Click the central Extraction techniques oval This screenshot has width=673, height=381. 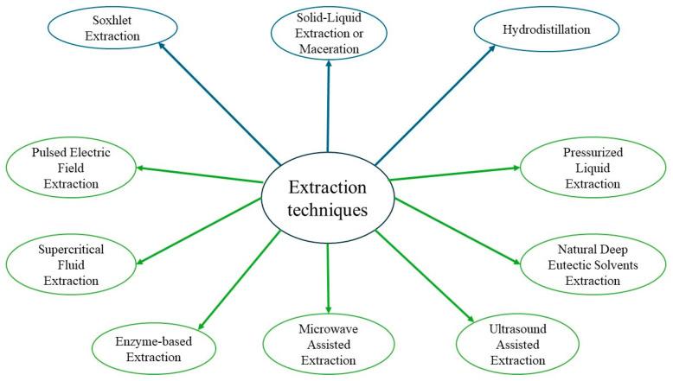pos(327,198)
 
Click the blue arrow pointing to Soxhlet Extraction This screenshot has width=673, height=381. pos(216,104)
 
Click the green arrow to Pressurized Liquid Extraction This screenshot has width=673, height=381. pos(454,173)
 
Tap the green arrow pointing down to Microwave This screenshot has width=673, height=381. pos(329,276)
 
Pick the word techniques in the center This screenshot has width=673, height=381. pos(327,209)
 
